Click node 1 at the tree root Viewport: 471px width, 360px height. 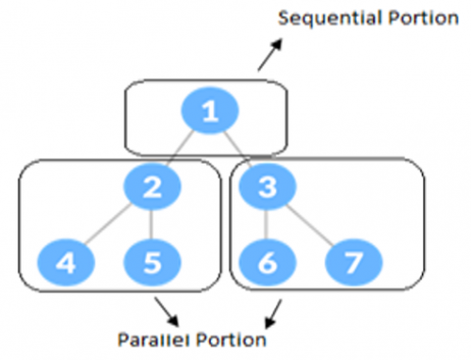pos(209,113)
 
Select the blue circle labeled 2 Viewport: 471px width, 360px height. pos(151,188)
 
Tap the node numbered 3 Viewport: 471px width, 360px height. pos(271,188)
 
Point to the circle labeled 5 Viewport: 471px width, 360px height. pos(151,263)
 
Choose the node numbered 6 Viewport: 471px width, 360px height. pos(268,263)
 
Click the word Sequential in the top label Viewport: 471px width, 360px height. pos(322,19)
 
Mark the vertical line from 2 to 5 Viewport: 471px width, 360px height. pos(151,226)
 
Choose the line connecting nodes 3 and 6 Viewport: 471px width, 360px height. pos(269,226)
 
